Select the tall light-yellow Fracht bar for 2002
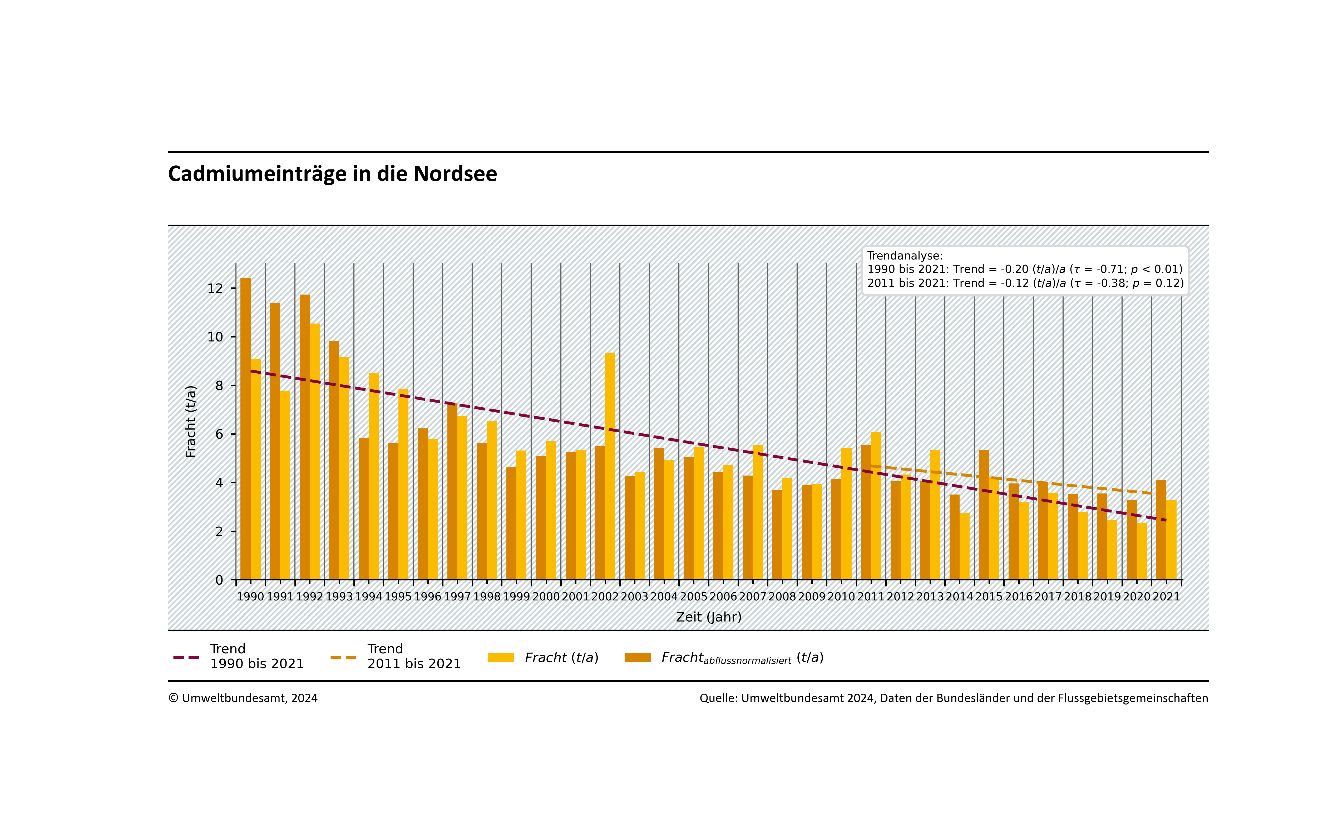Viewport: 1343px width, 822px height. click(610, 466)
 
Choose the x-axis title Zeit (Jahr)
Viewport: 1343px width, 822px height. click(709, 617)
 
